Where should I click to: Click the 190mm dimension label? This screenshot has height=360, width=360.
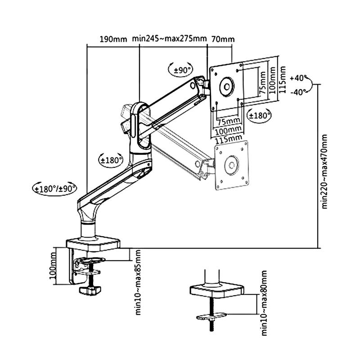(x=113, y=39)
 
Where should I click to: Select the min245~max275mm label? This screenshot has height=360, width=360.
(x=170, y=38)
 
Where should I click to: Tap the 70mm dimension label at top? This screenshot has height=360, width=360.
(x=223, y=39)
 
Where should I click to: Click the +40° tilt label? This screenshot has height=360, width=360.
(x=298, y=78)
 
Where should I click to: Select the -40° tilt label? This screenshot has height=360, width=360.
(x=298, y=92)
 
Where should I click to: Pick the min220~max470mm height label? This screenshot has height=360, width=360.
(x=324, y=171)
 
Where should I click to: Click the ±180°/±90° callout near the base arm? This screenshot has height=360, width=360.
(x=55, y=189)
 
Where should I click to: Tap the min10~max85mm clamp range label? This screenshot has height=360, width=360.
(x=138, y=283)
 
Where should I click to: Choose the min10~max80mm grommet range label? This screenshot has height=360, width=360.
(x=264, y=303)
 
